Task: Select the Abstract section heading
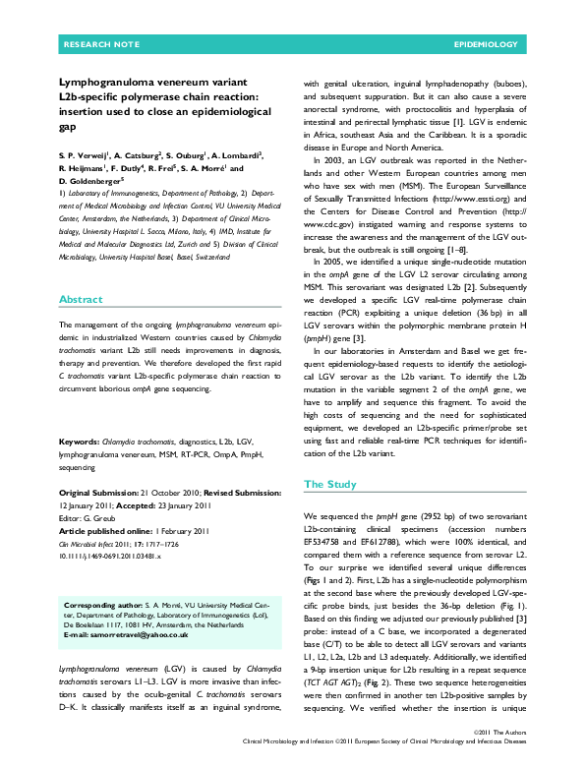80,271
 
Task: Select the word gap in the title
68,127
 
